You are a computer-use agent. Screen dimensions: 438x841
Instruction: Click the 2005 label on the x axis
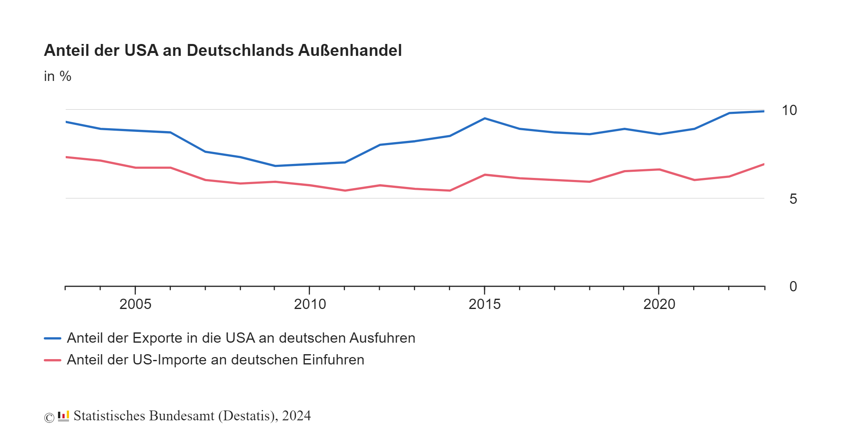coord(135,304)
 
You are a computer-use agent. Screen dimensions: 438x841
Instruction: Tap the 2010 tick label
coord(310,304)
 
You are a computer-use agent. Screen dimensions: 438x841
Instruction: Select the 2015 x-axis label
coord(485,304)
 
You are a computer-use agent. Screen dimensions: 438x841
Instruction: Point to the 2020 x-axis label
coord(659,304)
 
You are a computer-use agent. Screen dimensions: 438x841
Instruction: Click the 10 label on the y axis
coord(789,110)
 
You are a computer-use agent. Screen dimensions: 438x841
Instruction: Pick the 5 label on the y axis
coord(793,199)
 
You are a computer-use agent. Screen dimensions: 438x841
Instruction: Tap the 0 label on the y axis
coord(793,286)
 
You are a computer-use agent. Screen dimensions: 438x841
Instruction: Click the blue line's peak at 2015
coord(485,118)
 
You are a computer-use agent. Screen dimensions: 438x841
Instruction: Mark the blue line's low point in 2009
coord(275,166)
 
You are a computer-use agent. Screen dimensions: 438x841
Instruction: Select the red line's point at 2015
coord(485,175)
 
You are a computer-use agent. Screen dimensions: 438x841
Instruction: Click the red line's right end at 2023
coord(763,164)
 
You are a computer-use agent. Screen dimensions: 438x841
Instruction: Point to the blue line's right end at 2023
coord(763,111)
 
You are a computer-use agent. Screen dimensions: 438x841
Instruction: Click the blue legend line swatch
coord(53,338)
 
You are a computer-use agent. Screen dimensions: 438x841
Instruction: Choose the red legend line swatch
coord(53,360)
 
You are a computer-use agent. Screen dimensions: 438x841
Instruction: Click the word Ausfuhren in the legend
coord(382,338)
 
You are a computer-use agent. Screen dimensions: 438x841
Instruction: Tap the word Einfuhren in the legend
coord(333,360)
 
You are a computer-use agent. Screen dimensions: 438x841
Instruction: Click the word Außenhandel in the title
coord(349,51)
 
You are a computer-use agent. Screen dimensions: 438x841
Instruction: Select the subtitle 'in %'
coord(57,76)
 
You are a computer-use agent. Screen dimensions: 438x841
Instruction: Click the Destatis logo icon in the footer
coord(63,416)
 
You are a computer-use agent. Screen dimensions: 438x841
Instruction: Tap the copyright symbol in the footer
coord(49,417)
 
